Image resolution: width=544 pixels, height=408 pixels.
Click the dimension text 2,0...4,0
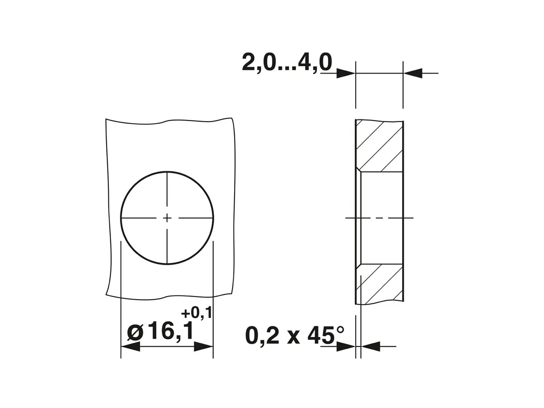coord(287,62)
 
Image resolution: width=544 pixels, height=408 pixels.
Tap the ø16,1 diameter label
coord(161,332)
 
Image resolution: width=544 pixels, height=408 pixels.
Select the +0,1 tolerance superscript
coord(196,313)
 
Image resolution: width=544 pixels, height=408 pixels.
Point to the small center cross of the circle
coord(167,218)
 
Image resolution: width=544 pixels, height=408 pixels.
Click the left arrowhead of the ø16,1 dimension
coord(130,346)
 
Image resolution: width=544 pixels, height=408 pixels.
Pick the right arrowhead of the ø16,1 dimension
coord(203,346)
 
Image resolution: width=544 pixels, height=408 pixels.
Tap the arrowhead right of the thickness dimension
coord(413,73)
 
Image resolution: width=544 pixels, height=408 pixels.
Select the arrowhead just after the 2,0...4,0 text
coord(346,73)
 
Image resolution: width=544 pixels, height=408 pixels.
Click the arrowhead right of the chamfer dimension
coord(371,346)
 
